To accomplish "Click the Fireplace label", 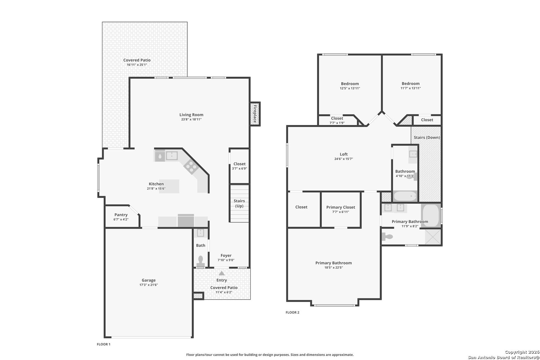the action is pyautogui.click(x=255, y=114).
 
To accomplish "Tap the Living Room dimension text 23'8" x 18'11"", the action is pyautogui.click(x=191, y=119).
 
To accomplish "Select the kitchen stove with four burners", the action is pyautogui.click(x=191, y=166).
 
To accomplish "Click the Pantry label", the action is pyautogui.click(x=121, y=215).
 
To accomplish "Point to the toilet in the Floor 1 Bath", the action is pyautogui.click(x=200, y=261).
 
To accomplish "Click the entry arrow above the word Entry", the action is pyautogui.click(x=222, y=273).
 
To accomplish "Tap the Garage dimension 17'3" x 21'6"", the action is pyautogui.click(x=149, y=285).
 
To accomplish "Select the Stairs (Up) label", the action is pyautogui.click(x=239, y=203).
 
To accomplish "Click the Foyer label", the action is pyautogui.click(x=226, y=255).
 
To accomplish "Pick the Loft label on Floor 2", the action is pyautogui.click(x=344, y=154).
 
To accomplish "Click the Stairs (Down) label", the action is pyautogui.click(x=427, y=137).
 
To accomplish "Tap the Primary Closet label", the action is pyautogui.click(x=341, y=207).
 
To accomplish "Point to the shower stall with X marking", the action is pyautogui.click(x=433, y=237).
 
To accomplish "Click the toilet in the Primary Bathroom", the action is pyautogui.click(x=387, y=237).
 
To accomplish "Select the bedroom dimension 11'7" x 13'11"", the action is pyautogui.click(x=411, y=88).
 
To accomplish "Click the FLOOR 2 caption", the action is pyautogui.click(x=292, y=312).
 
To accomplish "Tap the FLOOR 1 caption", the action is pyautogui.click(x=104, y=344).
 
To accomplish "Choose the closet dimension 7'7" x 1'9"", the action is pyautogui.click(x=337, y=123).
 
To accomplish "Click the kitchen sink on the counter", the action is pyautogui.click(x=172, y=156).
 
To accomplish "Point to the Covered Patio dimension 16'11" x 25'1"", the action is pyautogui.click(x=137, y=65).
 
